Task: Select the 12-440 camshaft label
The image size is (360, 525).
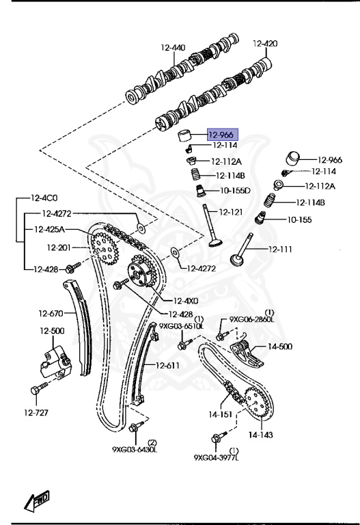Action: (x=173, y=47)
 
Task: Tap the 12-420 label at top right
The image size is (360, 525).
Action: (x=265, y=44)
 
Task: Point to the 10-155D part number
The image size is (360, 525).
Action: (x=235, y=190)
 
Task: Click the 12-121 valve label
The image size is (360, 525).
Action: (x=231, y=213)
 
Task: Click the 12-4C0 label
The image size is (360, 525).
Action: (x=44, y=198)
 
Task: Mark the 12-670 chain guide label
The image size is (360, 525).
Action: (x=50, y=314)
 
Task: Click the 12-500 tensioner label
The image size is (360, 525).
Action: (x=51, y=331)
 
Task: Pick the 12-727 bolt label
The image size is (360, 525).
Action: (x=38, y=413)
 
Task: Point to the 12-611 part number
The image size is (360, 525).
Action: (x=167, y=365)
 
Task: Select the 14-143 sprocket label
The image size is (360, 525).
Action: (x=260, y=434)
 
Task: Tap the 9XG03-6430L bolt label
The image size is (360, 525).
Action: (x=135, y=449)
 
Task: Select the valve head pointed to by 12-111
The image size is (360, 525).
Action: (x=238, y=261)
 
